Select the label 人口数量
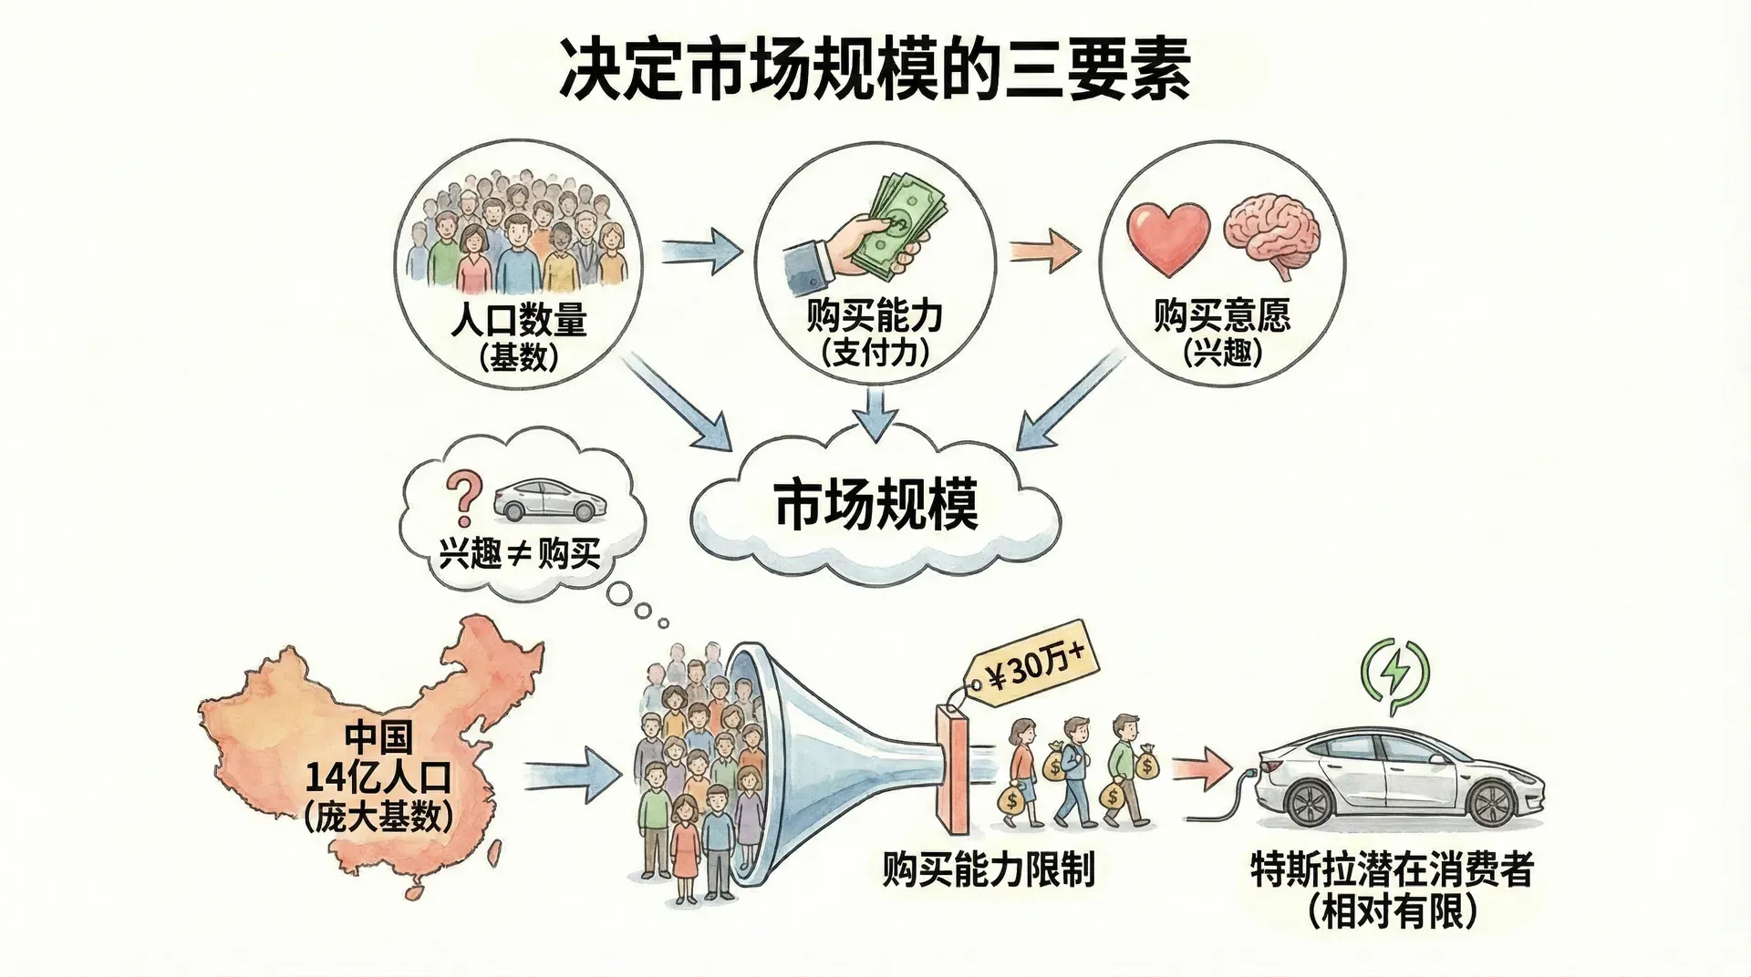519,320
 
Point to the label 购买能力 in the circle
875,316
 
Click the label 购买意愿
1222,315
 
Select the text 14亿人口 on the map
378,777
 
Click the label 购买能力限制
989,869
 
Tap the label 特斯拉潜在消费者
1392,869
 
